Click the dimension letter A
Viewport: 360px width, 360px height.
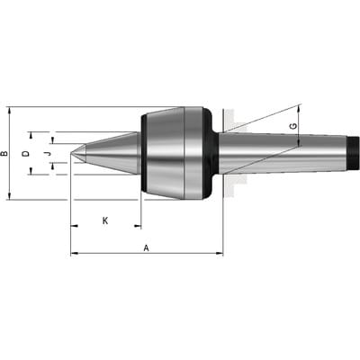click(x=146, y=248)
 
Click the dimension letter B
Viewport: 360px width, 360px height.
click(x=4, y=154)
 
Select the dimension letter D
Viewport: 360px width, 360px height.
click(x=27, y=154)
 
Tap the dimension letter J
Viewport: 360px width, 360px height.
click(x=46, y=154)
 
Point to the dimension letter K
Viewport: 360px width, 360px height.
click(x=105, y=221)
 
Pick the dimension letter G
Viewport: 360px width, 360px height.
click(x=294, y=126)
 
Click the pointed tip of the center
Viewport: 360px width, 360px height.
click(x=71, y=153)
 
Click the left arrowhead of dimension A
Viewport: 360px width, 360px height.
click(x=74, y=254)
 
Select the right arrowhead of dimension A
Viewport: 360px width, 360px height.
click(x=220, y=254)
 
